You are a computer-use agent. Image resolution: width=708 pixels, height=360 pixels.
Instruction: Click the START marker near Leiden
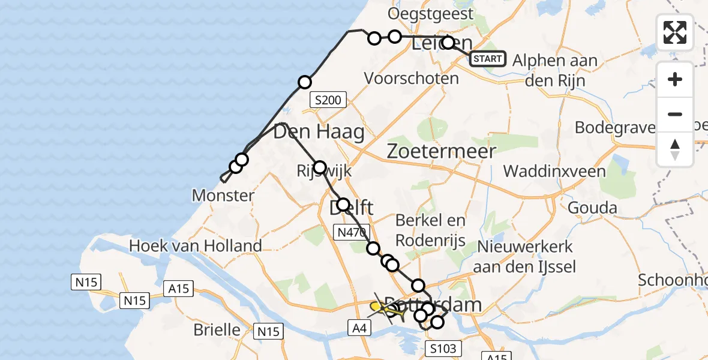click(488, 59)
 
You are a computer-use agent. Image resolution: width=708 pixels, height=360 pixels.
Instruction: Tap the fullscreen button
click(675, 32)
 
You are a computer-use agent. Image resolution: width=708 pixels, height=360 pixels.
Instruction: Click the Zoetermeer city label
click(442, 151)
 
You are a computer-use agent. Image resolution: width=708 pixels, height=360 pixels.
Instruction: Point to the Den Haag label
click(319, 132)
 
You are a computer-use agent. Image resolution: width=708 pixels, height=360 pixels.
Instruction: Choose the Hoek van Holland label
click(196, 245)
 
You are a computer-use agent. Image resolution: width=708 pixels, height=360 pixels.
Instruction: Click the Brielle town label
click(217, 330)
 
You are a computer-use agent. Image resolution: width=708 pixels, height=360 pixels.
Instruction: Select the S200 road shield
click(328, 100)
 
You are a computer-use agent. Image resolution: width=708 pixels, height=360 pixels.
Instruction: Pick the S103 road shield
click(443, 348)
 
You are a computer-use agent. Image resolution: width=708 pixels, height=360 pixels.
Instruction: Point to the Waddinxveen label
click(554, 171)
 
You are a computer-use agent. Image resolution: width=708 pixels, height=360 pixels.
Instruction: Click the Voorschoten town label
click(412, 78)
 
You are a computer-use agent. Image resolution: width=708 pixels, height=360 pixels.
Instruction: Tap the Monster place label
click(223, 195)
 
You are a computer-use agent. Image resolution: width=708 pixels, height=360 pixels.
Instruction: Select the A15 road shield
click(178, 289)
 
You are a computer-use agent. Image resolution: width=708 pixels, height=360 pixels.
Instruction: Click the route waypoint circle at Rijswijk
click(319, 167)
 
